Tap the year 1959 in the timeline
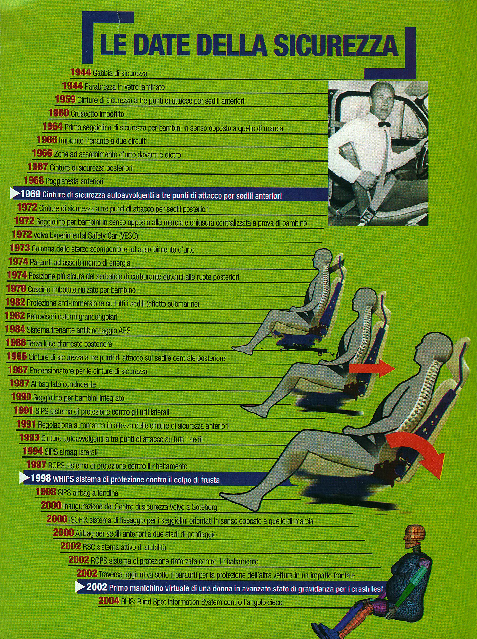point(66,99)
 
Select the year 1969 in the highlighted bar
point(30,194)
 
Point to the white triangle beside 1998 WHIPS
point(24,478)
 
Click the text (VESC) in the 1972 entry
point(128,235)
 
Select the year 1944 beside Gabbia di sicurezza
point(81,72)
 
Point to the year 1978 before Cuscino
point(16,289)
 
